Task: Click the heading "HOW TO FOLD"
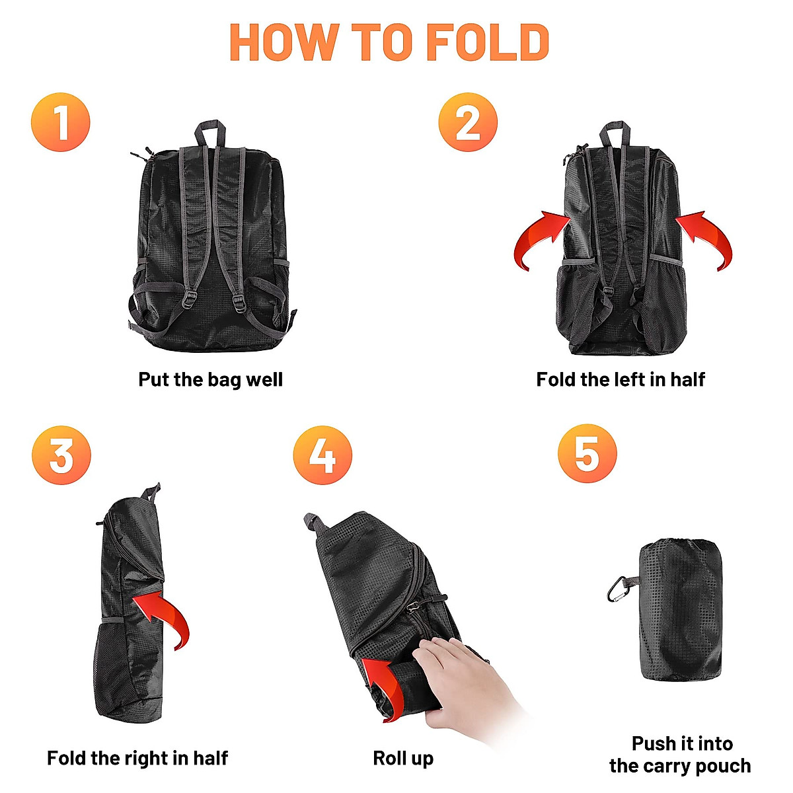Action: point(390,42)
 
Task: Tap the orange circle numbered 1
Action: point(60,122)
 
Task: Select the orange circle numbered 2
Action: point(468,122)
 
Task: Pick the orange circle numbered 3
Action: point(61,455)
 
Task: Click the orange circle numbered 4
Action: point(322,455)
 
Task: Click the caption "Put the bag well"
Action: point(210,380)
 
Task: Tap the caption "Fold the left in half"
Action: point(621,380)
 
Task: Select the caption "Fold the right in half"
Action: point(137,758)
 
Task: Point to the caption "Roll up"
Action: point(403,758)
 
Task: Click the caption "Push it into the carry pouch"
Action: point(681,755)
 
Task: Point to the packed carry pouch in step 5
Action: point(681,608)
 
